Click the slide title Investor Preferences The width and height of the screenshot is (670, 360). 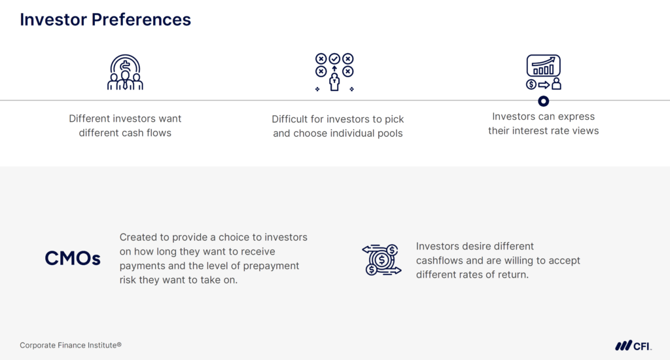coord(105,20)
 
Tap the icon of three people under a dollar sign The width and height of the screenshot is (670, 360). coord(125,73)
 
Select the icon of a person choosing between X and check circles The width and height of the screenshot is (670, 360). coord(334,73)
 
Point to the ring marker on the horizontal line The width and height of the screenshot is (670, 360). coord(543,101)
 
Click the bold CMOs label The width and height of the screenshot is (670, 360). coord(73,259)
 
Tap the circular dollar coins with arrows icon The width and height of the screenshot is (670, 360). coord(381,260)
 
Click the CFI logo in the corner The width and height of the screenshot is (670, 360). coord(633,345)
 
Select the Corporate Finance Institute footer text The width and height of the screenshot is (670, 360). coord(71,345)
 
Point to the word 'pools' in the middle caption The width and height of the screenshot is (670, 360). coord(388,134)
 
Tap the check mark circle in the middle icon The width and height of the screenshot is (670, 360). coord(334,59)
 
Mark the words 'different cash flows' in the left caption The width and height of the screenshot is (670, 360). coord(125,133)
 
